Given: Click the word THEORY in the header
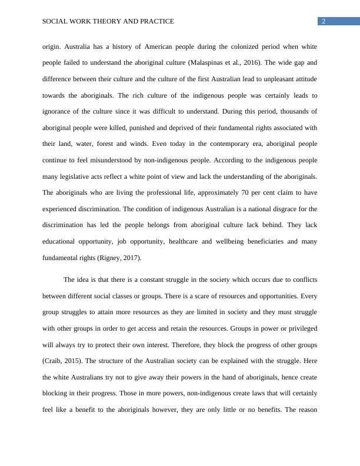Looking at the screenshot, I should click(x=103, y=22).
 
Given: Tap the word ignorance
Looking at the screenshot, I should click(x=61, y=111).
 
